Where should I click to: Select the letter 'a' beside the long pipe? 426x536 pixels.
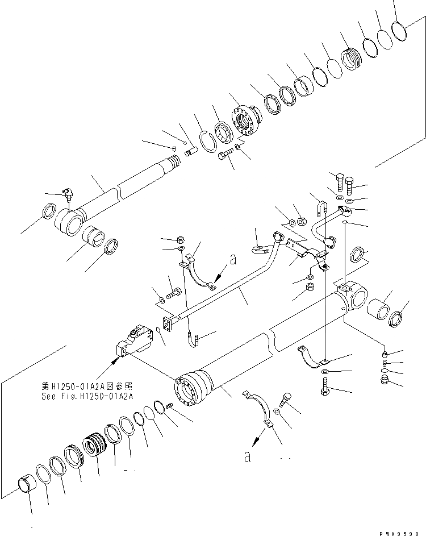click(x=232, y=260)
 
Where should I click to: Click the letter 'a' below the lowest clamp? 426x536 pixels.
click(x=247, y=456)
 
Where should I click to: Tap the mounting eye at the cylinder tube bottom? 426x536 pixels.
click(x=353, y=297)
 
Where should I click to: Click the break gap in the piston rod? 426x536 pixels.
click(x=119, y=190)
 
